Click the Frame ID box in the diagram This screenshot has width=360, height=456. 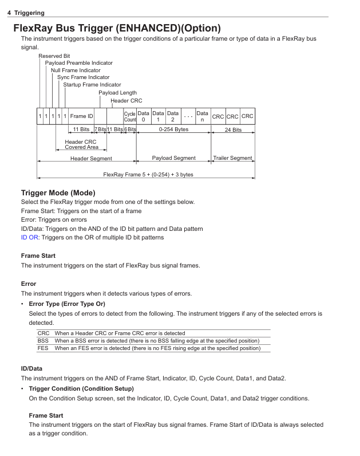(82, 116)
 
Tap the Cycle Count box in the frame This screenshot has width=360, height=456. (130, 116)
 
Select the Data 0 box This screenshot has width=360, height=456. (144, 116)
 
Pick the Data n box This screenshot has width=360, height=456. (203, 116)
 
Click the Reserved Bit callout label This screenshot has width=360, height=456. (54, 56)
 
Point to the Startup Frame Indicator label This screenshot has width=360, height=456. (92, 85)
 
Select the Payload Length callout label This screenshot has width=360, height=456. (117, 92)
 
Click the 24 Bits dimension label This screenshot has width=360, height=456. (232, 130)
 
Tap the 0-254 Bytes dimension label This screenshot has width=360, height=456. (173, 130)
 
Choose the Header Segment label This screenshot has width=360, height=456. (91, 158)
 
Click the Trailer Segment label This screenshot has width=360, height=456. (232, 158)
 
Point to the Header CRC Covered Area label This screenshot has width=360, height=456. (81, 144)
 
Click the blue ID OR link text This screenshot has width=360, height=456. (29, 237)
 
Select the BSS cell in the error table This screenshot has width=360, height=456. (43, 341)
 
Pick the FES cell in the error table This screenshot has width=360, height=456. (43, 348)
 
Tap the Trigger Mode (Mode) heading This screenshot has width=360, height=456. (58, 192)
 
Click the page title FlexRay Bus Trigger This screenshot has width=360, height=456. (117, 27)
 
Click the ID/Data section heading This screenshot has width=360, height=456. (31, 368)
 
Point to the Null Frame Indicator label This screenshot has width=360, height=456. (76, 70)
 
